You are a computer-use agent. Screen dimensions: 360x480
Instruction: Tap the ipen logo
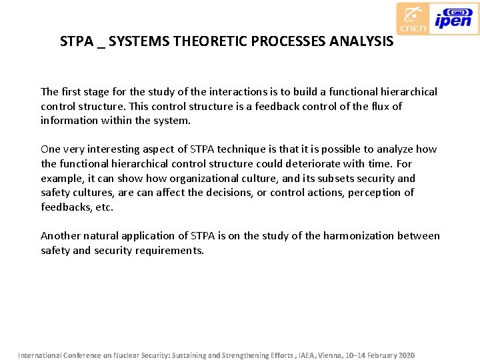[x=453, y=18]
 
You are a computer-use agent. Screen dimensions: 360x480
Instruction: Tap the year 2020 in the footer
[x=405, y=355]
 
